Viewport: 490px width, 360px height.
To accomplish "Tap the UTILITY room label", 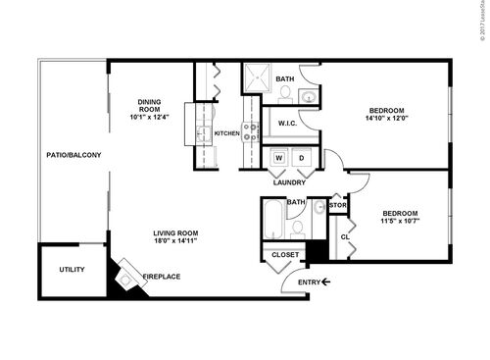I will pyautogui.click(x=72, y=270).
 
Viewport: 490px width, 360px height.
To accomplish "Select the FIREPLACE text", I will pyautogui.click(x=162, y=277).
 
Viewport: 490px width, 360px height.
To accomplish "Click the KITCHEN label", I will pyautogui.click(x=227, y=133).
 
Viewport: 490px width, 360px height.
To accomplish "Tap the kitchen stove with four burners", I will pyautogui.click(x=250, y=132).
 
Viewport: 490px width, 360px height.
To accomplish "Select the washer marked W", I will pyautogui.click(x=278, y=158).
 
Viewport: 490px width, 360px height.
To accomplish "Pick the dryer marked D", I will pyautogui.click(x=301, y=158).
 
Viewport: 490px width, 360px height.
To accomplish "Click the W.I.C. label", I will pyautogui.click(x=287, y=124).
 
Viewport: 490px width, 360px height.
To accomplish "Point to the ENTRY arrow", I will pyautogui.click(x=325, y=283).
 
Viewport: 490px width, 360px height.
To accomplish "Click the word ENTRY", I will pyautogui.click(x=309, y=283).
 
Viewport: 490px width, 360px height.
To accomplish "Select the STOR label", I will pyautogui.click(x=338, y=205).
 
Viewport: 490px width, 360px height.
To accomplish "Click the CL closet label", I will pyautogui.click(x=345, y=236).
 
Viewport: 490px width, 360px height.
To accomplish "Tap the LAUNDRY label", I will pyautogui.click(x=289, y=182).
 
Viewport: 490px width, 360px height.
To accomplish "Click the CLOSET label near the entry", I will pyautogui.click(x=285, y=254).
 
